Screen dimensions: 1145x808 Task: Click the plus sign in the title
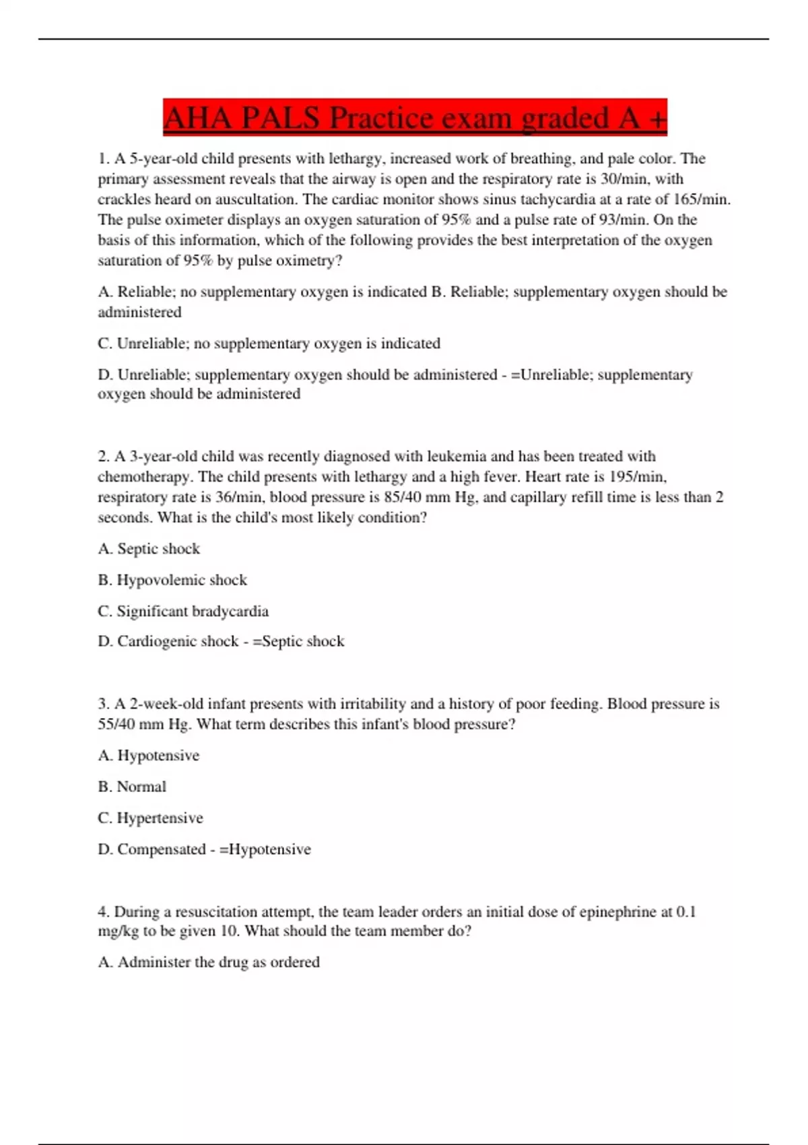click(x=658, y=119)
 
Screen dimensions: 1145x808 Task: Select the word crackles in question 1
click(x=124, y=199)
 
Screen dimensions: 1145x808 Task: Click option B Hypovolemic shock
click(x=172, y=580)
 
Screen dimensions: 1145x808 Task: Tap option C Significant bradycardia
click(x=183, y=612)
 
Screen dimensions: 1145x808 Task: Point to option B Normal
click(x=132, y=787)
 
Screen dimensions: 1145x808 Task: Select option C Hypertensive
click(x=150, y=818)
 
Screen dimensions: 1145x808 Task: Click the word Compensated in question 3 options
click(x=161, y=849)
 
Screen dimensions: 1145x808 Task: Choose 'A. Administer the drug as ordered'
click(x=209, y=962)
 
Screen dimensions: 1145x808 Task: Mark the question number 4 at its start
click(x=103, y=912)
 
